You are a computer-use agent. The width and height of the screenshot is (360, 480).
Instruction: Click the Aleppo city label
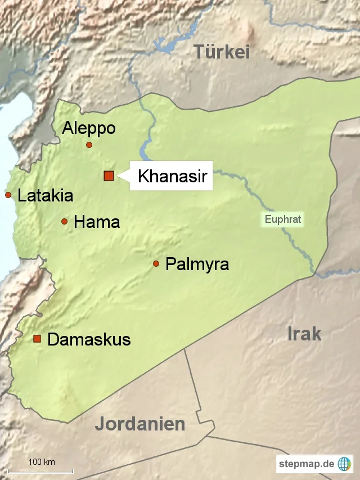89,128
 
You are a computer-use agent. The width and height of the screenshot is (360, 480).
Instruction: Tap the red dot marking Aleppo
89,145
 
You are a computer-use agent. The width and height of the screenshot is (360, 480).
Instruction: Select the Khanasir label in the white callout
173,177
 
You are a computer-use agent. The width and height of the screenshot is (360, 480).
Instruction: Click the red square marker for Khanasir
109,176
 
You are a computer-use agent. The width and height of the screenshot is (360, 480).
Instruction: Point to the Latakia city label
46,196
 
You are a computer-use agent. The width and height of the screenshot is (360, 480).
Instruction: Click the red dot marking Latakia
8,195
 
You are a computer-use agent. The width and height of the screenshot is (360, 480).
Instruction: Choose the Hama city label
97,222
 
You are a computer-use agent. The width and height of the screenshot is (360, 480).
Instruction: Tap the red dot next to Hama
65,222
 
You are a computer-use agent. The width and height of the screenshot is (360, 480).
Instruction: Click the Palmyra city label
197,264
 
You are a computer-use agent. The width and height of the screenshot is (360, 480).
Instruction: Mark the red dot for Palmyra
156,263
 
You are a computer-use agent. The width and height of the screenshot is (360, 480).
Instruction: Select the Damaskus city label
89,339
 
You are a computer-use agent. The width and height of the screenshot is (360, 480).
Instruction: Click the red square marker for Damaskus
37,339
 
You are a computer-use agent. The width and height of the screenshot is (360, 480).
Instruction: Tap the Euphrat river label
283,219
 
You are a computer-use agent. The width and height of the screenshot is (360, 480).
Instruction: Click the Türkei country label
222,52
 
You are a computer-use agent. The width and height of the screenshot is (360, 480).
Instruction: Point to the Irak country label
304,333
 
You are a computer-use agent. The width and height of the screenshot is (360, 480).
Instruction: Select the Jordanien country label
140,423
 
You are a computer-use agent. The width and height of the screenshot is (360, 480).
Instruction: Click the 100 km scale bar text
42,462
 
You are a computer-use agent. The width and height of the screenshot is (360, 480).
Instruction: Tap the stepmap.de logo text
307,464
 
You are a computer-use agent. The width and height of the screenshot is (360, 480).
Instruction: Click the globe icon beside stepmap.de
344,464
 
